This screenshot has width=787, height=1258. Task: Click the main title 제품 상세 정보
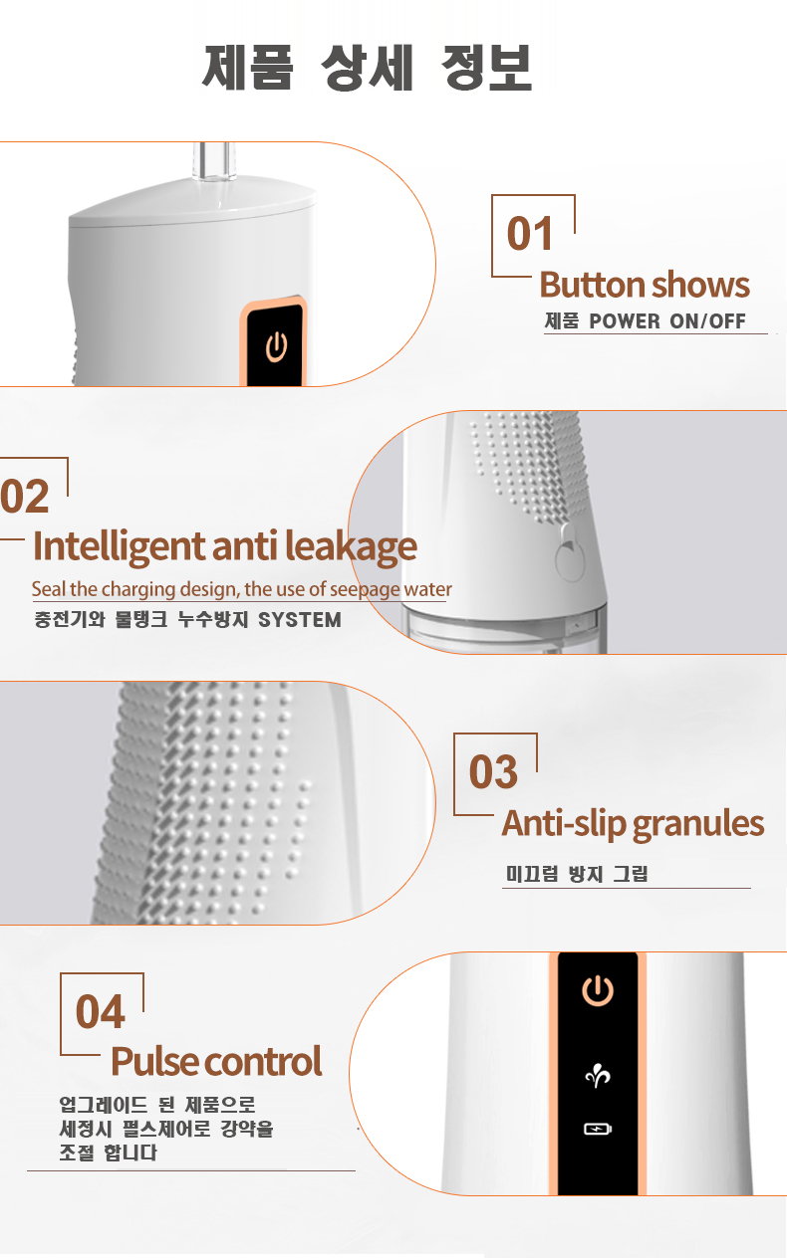[367, 68]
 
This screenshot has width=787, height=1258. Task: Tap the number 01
[530, 234]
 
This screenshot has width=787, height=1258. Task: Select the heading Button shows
[645, 285]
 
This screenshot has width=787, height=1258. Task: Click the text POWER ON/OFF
[667, 321]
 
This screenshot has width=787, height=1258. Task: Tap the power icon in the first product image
[276, 346]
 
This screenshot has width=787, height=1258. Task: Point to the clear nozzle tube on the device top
[214, 162]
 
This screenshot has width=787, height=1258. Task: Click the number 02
[25, 496]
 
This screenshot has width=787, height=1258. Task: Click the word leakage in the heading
[351, 547]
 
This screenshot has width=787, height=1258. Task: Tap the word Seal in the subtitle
[50, 588]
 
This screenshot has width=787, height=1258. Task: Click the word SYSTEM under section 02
[300, 619]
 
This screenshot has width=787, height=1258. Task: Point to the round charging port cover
[570, 555]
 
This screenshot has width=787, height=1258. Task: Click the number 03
[493, 771]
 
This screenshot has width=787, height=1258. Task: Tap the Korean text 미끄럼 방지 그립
[577, 873]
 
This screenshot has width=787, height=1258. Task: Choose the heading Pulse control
[216, 1061]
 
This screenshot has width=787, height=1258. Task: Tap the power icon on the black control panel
[598, 990]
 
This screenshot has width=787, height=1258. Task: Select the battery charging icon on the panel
[598, 1129]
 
